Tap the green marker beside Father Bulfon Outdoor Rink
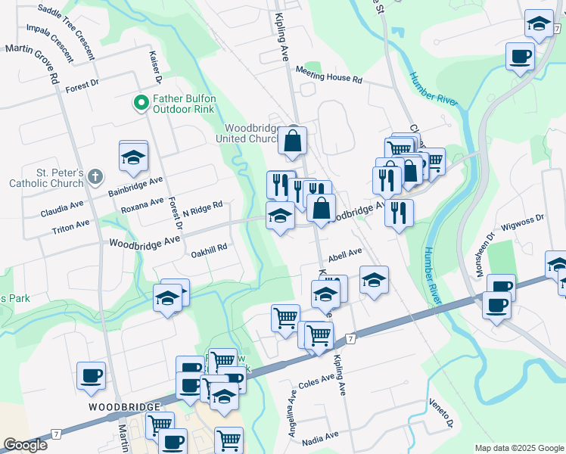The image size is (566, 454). tap(140, 102)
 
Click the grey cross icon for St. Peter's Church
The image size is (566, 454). tap(95, 177)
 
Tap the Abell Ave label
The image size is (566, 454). tap(346, 255)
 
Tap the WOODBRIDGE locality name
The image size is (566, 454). tap(123, 407)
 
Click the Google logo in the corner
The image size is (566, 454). tap(25, 445)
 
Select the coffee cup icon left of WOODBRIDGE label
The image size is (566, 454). tap(92, 375)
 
